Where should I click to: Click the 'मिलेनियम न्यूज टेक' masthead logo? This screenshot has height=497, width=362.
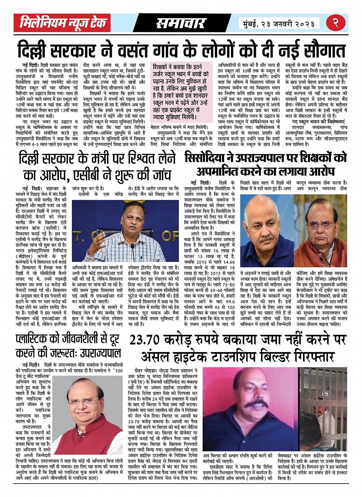(x=63, y=23)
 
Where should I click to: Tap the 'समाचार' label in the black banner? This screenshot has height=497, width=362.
(x=180, y=23)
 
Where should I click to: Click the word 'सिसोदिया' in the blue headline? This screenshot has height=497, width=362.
(x=208, y=158)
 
